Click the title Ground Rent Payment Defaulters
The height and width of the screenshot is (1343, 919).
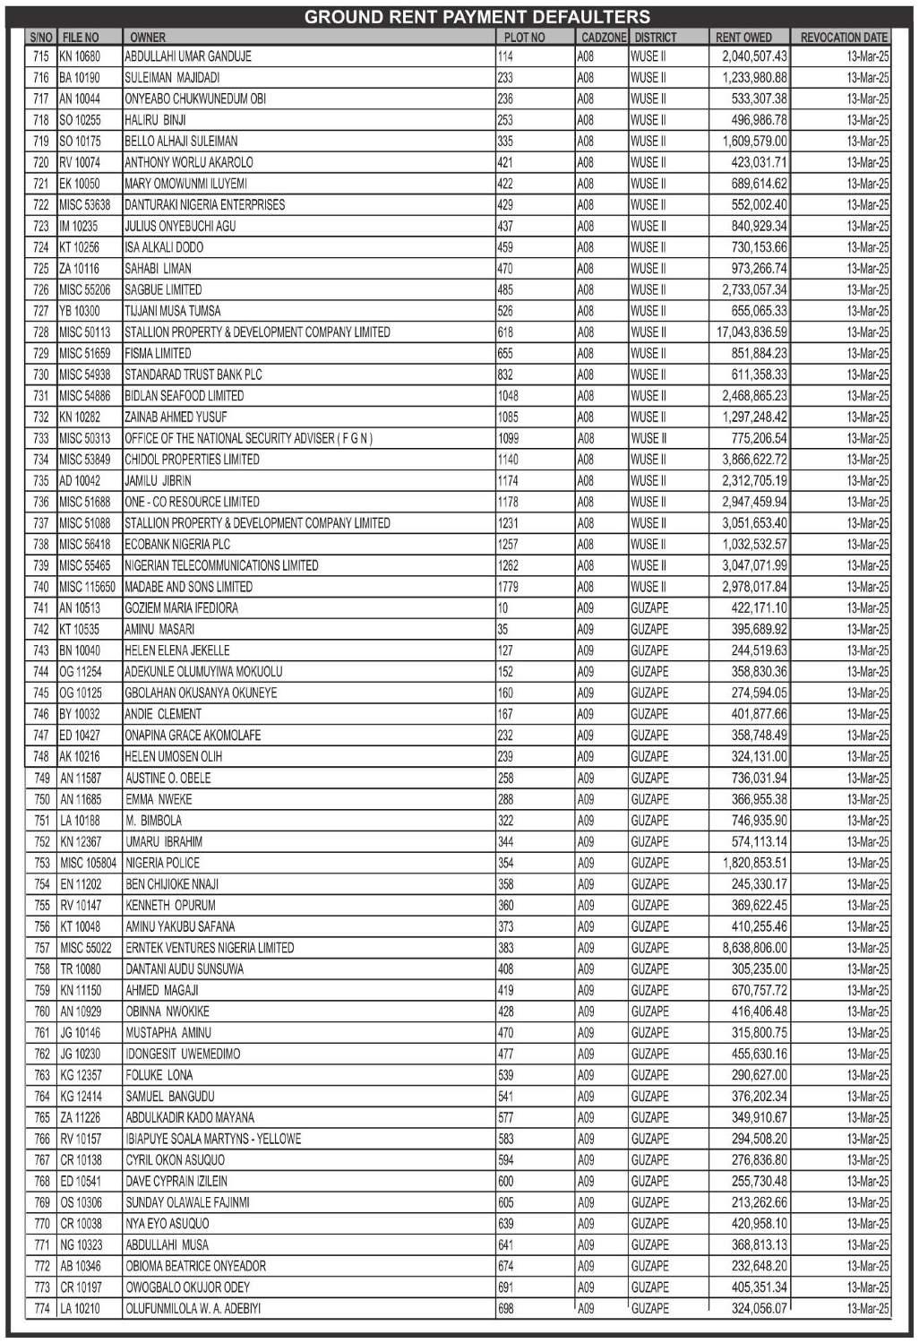point(477,17)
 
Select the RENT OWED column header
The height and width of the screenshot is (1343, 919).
point(743,38)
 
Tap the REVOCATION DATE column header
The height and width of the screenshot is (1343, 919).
point(843,38)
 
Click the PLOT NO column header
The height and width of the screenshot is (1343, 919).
point(524,38)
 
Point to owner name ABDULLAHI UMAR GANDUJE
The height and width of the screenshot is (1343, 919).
point(188,56)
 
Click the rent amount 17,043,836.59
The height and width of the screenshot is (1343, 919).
point(752,332)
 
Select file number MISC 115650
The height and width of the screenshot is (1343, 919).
point(87,587)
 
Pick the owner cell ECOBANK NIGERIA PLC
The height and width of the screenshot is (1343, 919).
point(177,545)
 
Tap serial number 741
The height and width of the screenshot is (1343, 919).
point(41,608)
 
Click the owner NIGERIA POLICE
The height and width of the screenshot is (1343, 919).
point(163,863)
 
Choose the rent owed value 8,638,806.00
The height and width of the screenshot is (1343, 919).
point(754,948)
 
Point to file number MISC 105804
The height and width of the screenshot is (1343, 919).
point(88,863)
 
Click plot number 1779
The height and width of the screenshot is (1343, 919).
point(507,587)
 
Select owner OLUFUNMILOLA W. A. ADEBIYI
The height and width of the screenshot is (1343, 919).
point(193,1309)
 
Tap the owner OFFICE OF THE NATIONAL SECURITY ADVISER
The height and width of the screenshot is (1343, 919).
point(248,438)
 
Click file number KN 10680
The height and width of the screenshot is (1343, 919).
point(80,56)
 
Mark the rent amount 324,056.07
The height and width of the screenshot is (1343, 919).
point(759,1309)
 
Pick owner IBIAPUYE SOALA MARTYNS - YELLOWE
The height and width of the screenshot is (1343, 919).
point(213,1139)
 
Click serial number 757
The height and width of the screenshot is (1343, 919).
point(41,948)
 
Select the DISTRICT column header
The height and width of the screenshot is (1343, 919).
point(656,38)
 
